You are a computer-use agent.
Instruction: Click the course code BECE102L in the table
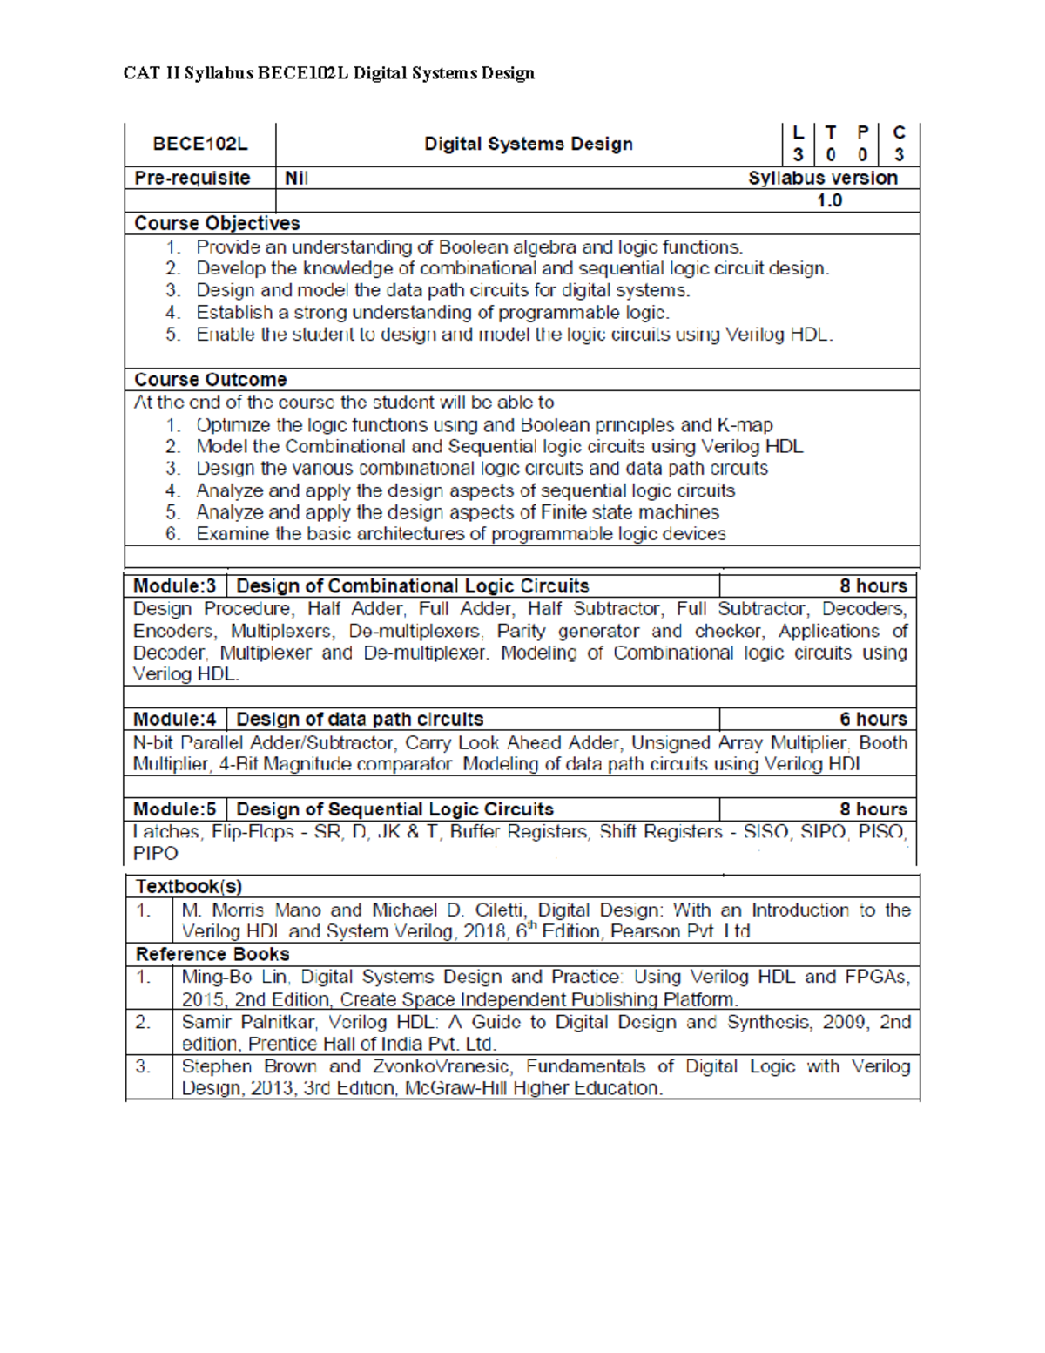200,144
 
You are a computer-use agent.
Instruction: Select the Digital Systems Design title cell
528,144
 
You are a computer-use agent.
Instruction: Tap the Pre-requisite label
192,178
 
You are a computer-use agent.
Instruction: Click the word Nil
296,178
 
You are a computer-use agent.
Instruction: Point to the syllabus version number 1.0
828,200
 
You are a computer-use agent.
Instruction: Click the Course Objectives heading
217,223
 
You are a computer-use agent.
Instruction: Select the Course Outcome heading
210,380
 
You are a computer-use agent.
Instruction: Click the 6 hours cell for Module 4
873,720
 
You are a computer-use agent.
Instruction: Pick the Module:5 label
174,809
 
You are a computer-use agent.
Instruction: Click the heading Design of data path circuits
360,720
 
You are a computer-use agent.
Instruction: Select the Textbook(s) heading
189,887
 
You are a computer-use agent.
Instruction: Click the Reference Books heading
212,954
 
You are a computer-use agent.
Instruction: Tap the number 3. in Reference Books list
144,1066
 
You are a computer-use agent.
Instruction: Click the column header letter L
798,133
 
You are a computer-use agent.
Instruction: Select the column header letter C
899,133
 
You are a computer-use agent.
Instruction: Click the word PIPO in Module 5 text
155,854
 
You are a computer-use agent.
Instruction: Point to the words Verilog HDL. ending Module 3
185,674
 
